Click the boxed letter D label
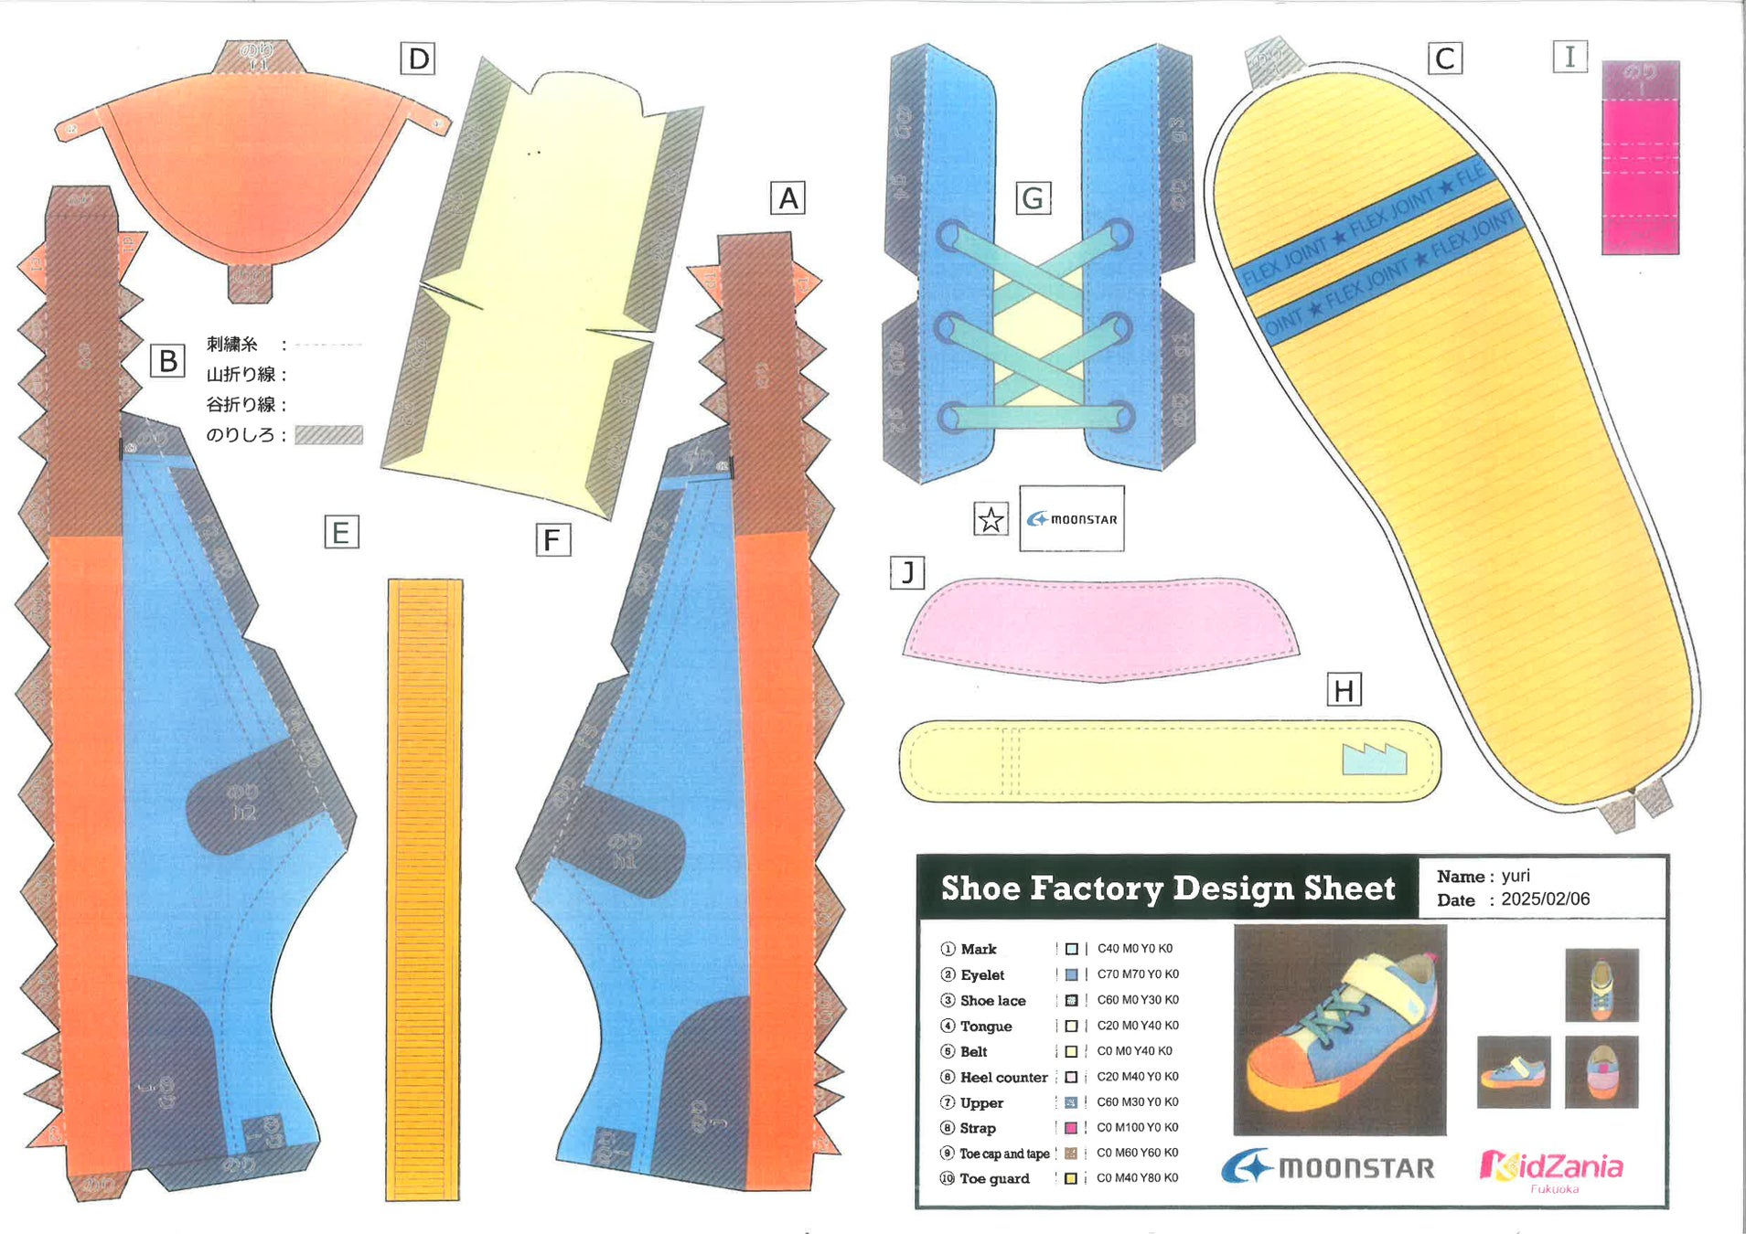tap(418, 59)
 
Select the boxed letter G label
tap(1034, 198)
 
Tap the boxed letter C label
tap(1445, 59)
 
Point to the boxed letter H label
tap(1344, 690)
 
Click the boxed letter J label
tap(907, 573)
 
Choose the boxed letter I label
tap(1569, 57)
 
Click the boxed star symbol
tap(991, 519)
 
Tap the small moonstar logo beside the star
tap(1072, 518)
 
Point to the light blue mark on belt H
tap(1374, 760)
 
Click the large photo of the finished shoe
tap(1340, 1029)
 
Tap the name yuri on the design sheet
tap(1516, 876)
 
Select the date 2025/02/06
tap(1545, 899)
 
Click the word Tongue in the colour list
tap(986, 1027)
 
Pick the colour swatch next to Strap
tap(1071, 1128)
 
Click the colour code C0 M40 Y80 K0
tap(1137, 1178)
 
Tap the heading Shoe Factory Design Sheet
tap(1168, 888)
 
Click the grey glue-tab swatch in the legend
tap(328, 435)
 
